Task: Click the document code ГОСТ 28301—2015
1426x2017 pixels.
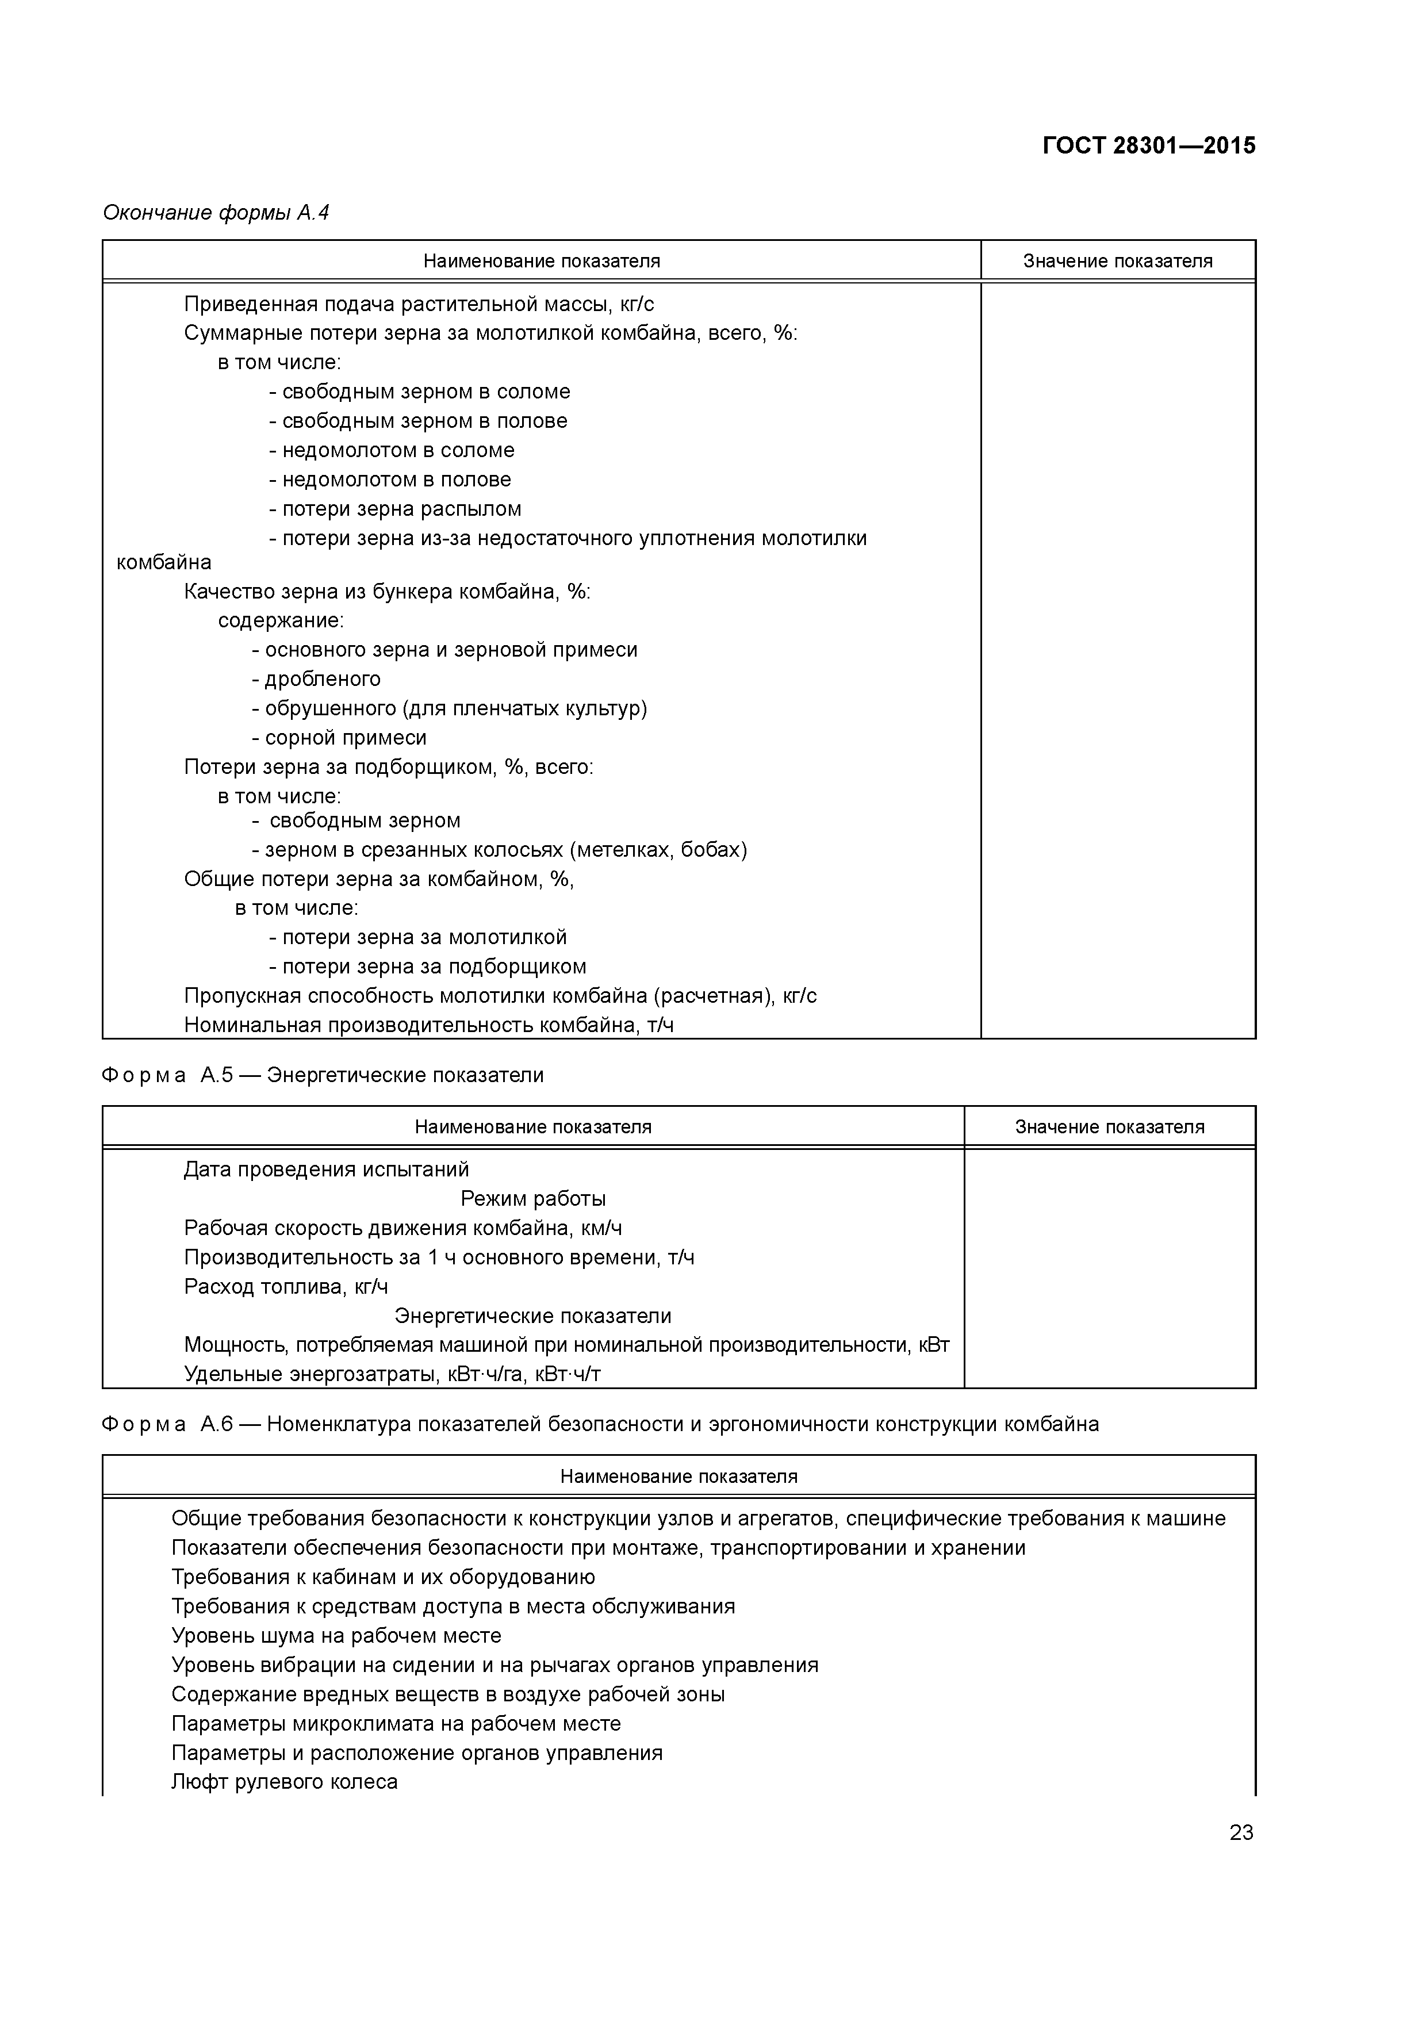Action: (1148, 146)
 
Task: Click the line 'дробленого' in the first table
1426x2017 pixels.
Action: (316, 679)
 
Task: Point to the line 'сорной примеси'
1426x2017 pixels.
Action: (339, 738)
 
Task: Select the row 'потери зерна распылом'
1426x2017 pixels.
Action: (396, 509)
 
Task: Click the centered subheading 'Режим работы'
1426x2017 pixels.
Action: (532, 1199)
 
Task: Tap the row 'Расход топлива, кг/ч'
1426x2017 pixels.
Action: (286, 1287)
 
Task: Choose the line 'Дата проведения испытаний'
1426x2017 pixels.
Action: (326, 1170)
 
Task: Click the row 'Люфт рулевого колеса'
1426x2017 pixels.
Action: (284, 1782)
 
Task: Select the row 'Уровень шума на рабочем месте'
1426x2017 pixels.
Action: (336, 1636)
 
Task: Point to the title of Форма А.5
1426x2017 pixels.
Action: (323, 1075)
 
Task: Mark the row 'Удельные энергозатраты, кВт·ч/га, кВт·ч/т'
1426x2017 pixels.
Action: (392, 1374)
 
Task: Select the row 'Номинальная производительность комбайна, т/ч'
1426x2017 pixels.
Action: (429, 1025)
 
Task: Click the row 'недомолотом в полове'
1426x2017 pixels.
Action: (389, 480)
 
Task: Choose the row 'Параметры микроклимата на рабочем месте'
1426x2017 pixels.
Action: (396, 1724)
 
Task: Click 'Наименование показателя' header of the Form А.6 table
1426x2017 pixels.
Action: (678, 1477)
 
